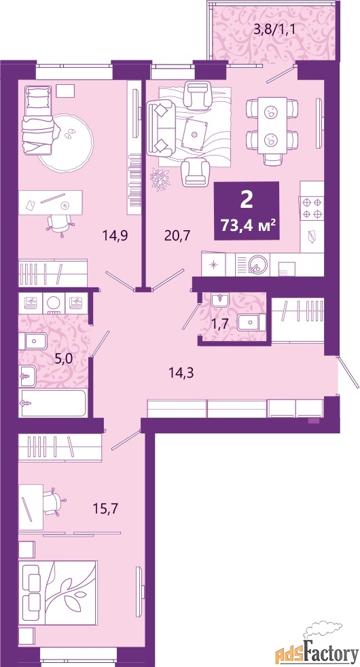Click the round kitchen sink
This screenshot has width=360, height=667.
pyautogui.click(x=256, y=262)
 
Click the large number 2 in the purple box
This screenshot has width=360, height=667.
pyautogui.click(x=247, y=199)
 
